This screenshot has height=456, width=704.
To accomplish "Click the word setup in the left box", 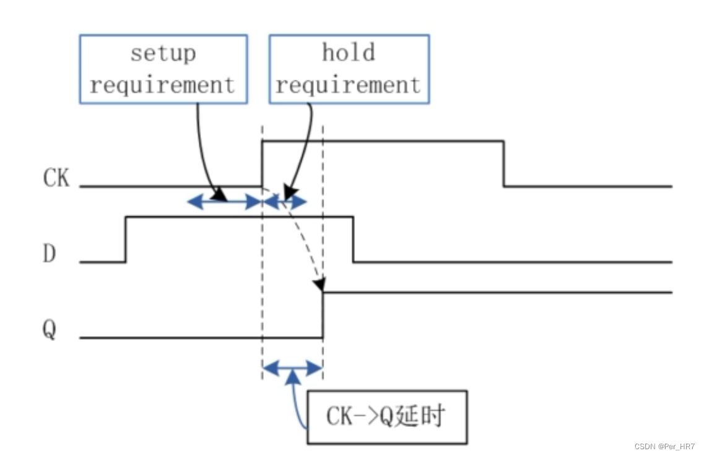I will tap(163, 53).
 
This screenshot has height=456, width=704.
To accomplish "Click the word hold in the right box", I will tap(349, 53).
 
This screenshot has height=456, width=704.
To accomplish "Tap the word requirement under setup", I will tap(163, 84).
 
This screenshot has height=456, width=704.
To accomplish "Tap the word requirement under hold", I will tap(349, 84).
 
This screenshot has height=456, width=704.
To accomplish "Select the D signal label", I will tap(50, 254).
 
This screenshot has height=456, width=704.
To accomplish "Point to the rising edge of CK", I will tap(263, 164).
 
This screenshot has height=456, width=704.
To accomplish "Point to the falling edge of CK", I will tap(503, 164).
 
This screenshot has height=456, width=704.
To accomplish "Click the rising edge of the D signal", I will tap(126, 239).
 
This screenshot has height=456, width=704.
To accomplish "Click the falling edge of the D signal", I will tap(353, 239).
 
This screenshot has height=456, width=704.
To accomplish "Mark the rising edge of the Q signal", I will tap(323, 315).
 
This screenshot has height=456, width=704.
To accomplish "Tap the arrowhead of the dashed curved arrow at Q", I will tap(319, 285).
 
